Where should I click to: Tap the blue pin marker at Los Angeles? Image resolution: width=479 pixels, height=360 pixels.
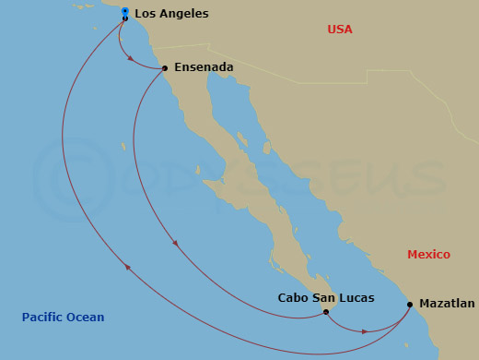pos(124,11)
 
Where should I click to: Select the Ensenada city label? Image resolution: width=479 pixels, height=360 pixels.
pos(204,67)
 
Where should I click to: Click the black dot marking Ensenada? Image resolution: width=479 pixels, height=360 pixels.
pos(164,68)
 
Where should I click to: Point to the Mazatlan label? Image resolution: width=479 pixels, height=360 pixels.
pos(447,303)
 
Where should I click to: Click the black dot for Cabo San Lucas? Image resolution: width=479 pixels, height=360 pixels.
pos(326,312)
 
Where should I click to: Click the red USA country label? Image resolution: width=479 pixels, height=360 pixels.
pos(340,30)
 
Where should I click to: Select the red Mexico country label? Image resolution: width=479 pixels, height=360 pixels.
pos(428,254)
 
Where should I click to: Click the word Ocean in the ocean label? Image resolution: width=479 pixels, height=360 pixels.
pos(88,318)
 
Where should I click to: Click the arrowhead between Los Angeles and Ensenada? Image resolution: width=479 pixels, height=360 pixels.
pos(131,60)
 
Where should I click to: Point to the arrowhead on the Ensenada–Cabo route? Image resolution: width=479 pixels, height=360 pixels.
pos(174,245)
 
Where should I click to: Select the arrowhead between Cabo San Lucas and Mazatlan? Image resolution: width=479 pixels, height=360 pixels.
pos(366,330)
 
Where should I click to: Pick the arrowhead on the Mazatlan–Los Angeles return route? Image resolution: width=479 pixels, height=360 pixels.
pos(127,268)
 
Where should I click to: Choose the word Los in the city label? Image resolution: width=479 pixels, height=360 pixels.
pos(145,14)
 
